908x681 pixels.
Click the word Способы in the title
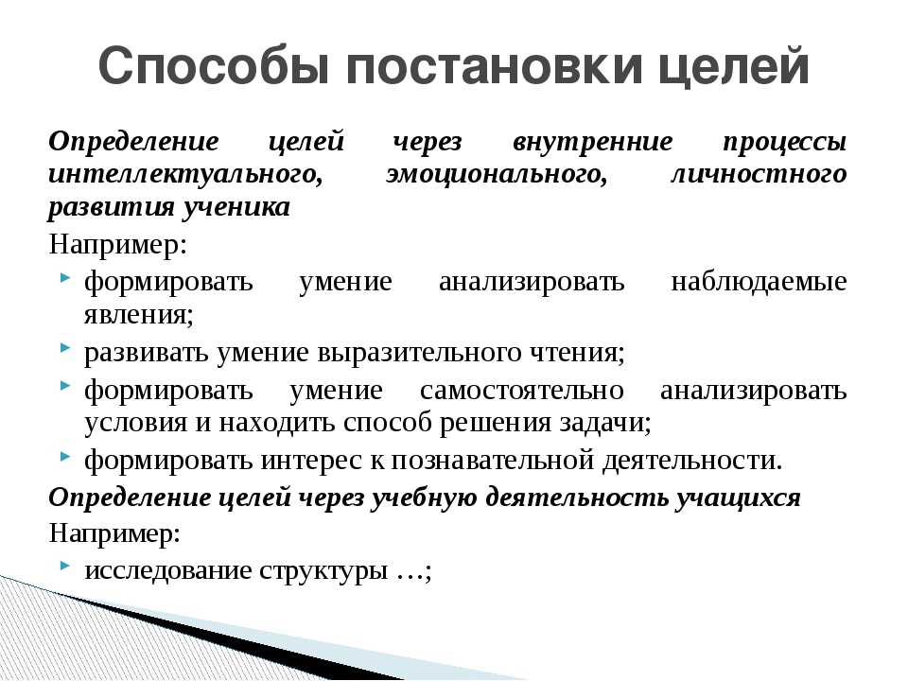[x=214, y=65]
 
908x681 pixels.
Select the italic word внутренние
[x=593, y=141]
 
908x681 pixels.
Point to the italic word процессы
[x=785, y=143]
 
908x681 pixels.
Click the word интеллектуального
[x=185, y=175]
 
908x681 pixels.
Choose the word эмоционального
[x=497, y=175]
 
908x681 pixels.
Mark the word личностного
[x=760, y=174]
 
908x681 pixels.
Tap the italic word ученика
[x=236, y=208]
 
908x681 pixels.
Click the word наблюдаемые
[x=759, y=282]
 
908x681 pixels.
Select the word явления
[x=138, y=316]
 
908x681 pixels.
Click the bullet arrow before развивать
[x=65, y=347]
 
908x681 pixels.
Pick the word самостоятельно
[x=522, y=391]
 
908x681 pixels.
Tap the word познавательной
[x=493, y=461]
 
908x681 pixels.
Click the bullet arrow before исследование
[x=65, y=564]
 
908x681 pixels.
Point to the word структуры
[x=323, y=571]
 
